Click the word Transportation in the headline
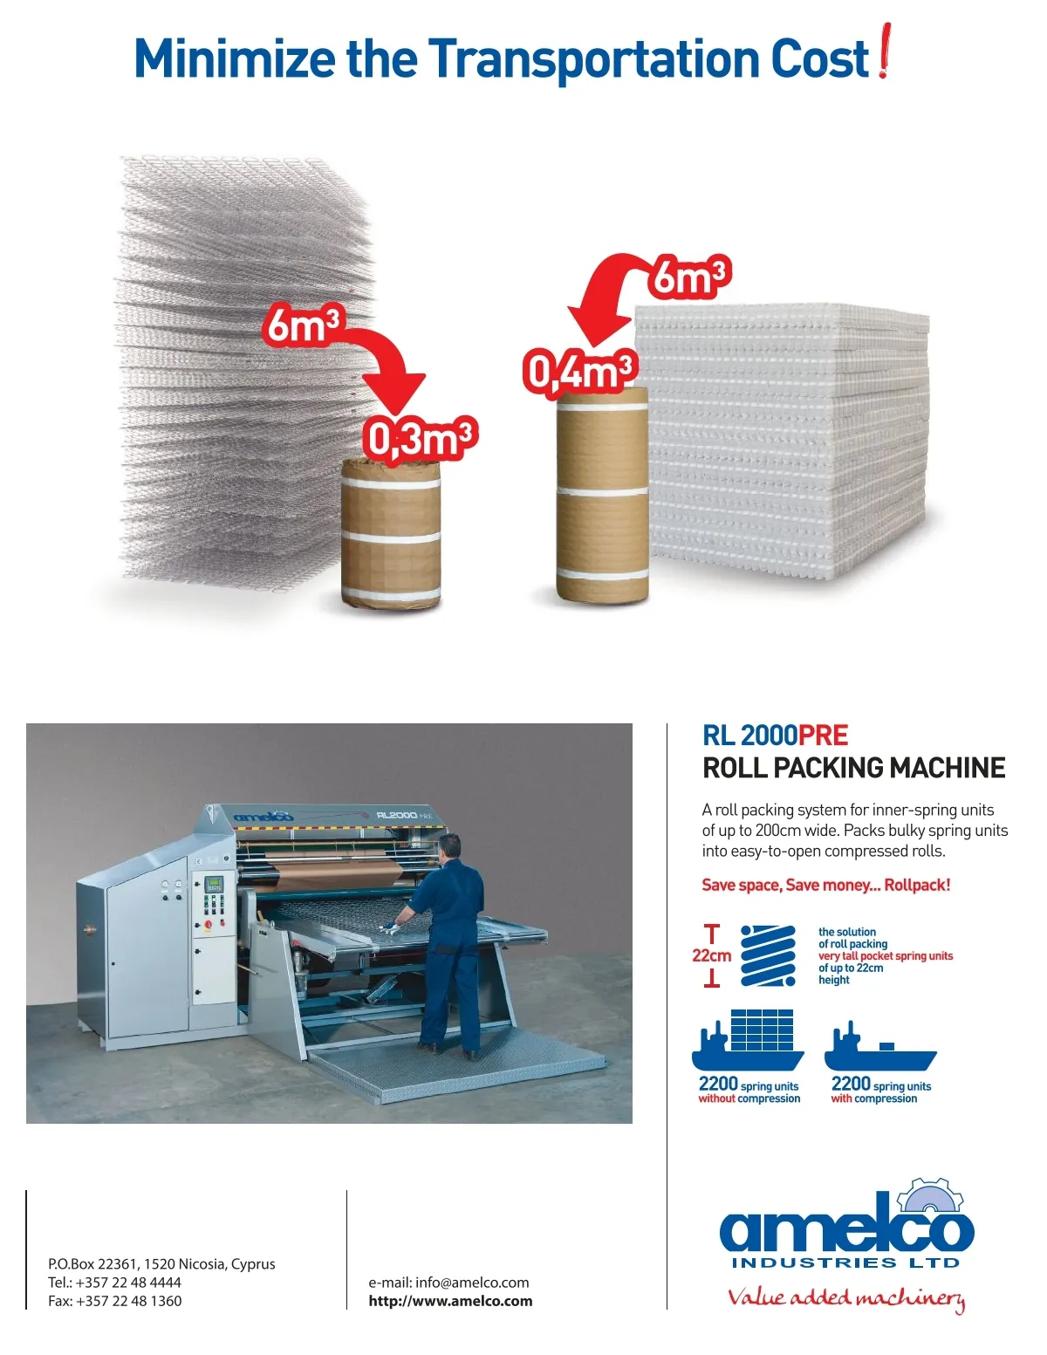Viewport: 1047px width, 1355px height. (594, 59)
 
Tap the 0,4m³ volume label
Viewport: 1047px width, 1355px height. (580, 371)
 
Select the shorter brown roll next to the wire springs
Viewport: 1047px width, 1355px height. (391, 534)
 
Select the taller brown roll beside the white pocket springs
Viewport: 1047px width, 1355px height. (602, 496)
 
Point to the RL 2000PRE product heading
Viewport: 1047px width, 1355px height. (775, 736)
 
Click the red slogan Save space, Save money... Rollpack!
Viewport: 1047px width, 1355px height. (825, 885)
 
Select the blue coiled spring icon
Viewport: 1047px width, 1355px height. (768, 956)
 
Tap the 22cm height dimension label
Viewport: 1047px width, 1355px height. (712, 955)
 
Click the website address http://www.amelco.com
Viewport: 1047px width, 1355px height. (450, 1301)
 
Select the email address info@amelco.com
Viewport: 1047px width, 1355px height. (448, 1283)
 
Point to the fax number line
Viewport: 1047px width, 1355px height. (115, 1301)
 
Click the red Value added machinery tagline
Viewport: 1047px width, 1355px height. (846, 1298)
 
